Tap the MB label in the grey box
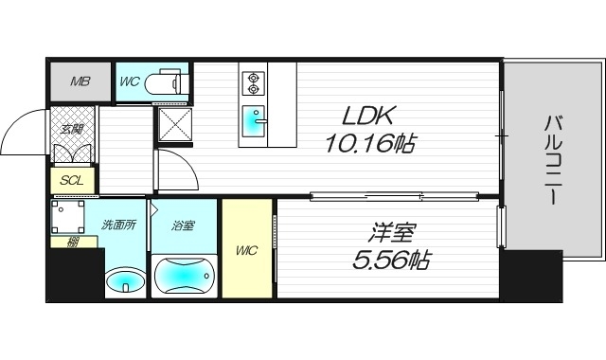click(x=80, y=81)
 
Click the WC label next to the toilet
click(x=130, y=81)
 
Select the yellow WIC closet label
click(x=246, y=250)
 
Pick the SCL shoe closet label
click(x=70, y=180)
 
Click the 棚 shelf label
click(x=73, y=243)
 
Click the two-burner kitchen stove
click(x=253, y=83)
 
